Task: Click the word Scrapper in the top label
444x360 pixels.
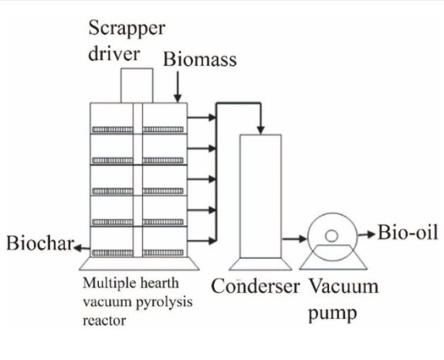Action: tap(127, 29)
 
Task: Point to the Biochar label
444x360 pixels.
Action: tap(39, 246)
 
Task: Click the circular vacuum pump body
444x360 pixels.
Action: tap(333, 234)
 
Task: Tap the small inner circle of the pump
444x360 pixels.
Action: tap(332, 234)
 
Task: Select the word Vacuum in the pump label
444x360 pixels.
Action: tap(344, 287)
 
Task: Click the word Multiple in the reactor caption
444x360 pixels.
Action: tap(110, 281)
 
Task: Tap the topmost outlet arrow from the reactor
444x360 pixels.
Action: tap(202, 119)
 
